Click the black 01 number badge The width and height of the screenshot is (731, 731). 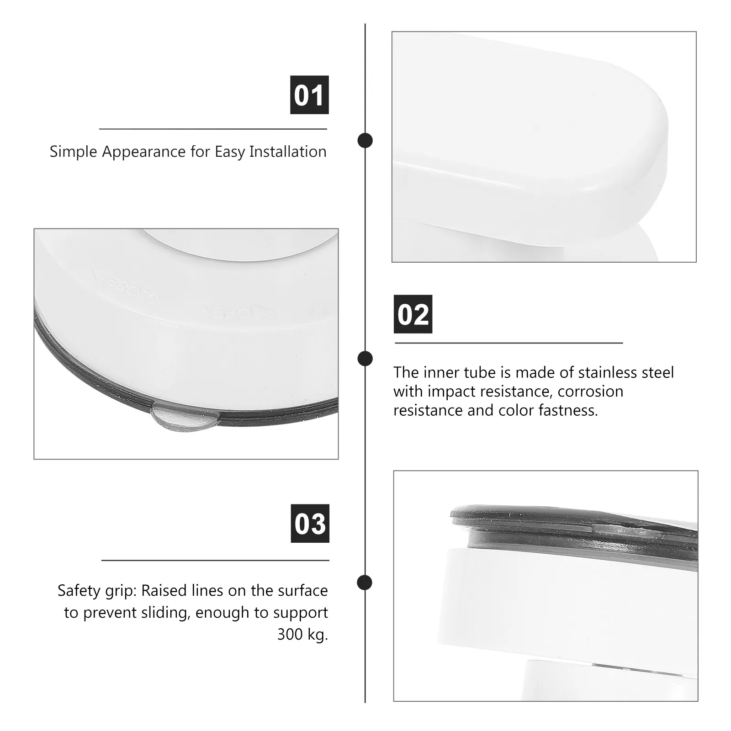309,95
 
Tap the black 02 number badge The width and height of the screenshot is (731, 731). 413,314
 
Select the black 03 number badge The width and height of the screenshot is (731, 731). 310,524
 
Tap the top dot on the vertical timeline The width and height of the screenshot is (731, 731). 365,140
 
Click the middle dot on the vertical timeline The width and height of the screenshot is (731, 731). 365,358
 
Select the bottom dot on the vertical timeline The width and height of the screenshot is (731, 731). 365,583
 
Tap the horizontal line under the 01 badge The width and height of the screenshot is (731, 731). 213,129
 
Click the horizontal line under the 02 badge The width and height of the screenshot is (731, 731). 509,343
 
